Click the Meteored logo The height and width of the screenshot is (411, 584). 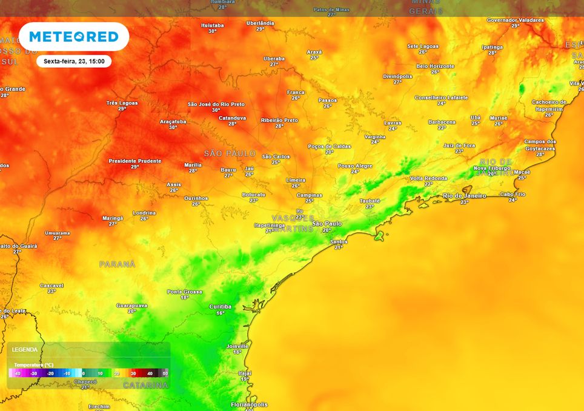73,36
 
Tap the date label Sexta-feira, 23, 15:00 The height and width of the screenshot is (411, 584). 74,61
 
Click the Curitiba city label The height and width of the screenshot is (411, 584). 220,307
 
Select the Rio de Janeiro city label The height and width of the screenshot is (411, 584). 465,195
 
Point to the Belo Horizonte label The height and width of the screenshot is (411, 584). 434,65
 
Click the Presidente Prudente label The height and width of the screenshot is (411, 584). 135,161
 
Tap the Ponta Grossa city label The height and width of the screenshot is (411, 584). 184,292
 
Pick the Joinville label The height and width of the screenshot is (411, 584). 237,346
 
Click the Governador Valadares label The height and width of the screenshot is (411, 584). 515,20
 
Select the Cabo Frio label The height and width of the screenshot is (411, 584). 513,194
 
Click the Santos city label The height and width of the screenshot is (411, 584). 339,241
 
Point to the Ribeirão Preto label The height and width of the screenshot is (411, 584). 279,120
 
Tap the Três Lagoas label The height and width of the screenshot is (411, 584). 122,102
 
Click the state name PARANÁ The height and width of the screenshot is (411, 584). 118,264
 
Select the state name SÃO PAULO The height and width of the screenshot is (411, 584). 230,153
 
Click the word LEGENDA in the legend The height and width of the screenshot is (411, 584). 25,350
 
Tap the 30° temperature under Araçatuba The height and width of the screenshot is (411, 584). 173,127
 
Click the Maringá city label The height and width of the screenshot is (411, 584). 113,218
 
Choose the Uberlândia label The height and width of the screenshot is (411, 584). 260,23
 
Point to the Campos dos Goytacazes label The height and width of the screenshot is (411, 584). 540,144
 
